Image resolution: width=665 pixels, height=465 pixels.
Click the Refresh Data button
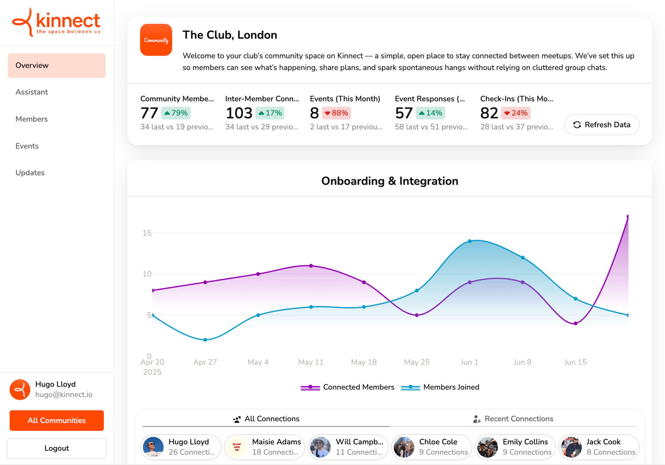click(601, 125)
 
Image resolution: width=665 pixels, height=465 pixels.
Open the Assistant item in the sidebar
click(32, 92)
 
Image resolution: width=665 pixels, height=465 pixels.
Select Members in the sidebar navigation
click(32, 119)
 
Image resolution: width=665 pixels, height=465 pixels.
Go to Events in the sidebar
click(27, 146)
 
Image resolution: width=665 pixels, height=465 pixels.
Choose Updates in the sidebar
click(30, 173)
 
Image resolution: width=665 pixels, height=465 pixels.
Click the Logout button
click(57, 448)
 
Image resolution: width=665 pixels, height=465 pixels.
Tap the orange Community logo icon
click(156, 40)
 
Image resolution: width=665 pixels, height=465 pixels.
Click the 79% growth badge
click(176, 113)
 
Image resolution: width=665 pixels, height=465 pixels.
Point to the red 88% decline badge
click(336, 113)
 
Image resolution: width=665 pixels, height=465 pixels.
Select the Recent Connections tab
click(513, 419)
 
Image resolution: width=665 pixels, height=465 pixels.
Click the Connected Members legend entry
click(348, 387)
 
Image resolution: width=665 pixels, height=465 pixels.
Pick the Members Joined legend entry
click(440, 387)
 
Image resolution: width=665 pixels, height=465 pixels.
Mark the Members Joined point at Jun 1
click(470, 241)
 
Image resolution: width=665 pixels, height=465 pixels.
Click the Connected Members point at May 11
click(311, 266)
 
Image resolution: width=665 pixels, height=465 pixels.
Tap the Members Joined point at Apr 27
click(205, 340)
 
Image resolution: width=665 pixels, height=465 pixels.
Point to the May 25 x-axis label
click(416, 362)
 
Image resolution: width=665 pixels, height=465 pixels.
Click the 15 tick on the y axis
click(147, 233)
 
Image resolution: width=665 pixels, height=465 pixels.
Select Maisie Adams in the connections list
click(265, 447)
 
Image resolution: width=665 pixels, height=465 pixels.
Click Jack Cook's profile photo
click(571, 447)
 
